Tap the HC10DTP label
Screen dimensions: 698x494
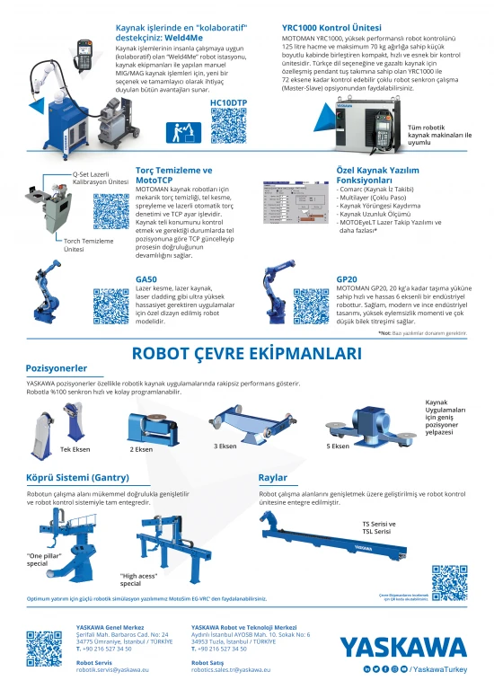(228, 103)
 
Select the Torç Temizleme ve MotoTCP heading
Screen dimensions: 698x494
(173, 173)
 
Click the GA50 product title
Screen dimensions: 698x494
(146, 279)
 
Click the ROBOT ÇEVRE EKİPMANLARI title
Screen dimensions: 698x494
(246, 353)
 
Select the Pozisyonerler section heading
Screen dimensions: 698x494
(57, 368)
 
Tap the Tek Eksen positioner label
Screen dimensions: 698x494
(75, 448)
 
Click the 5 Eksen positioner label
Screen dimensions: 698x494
(338, 446)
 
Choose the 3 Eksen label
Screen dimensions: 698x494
(225, 446)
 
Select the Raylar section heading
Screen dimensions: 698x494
(272, 477)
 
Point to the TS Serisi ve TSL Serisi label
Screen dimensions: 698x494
(378, 527)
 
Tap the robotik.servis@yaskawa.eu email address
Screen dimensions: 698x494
(112, 669)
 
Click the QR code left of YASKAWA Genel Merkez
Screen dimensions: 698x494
(43, 649)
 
